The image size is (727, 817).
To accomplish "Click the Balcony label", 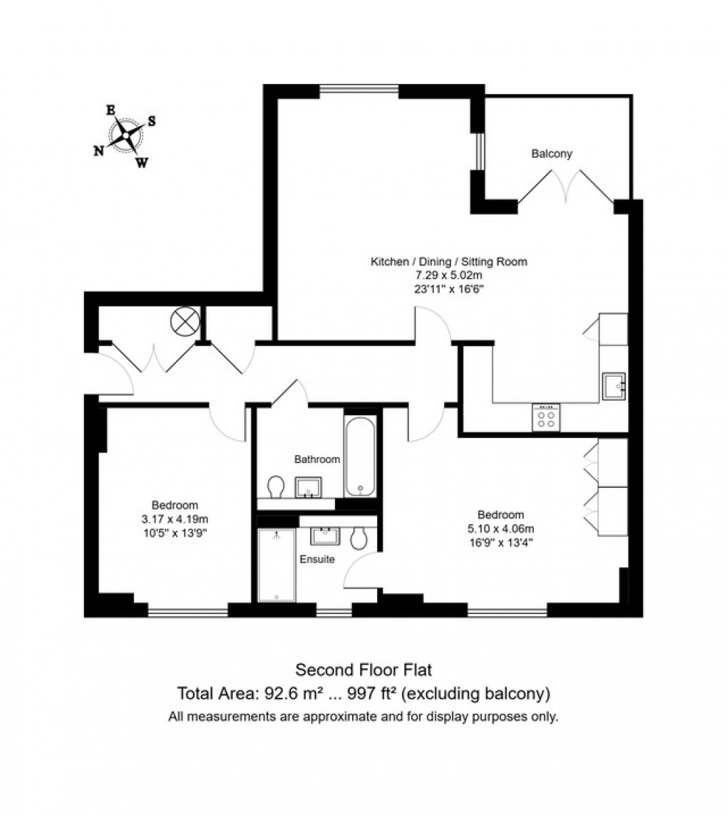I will point(552,153).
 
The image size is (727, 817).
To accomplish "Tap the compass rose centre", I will point(125,135).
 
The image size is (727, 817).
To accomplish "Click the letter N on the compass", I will point(98,150).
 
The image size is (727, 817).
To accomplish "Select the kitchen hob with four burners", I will point(546,417).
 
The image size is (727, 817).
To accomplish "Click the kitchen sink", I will point(612,385).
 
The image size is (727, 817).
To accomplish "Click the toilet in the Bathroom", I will point(276,488).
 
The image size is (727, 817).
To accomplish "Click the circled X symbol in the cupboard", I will point(184,321).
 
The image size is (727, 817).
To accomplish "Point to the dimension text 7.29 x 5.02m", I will point(448,275).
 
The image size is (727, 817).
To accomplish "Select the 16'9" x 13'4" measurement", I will point(500,541).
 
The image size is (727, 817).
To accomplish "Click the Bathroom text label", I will point(317,459).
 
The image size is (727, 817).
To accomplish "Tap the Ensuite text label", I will point(316,559).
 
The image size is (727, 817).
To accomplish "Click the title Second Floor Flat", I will point(363,670).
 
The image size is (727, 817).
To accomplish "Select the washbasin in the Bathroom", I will point(309,488).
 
